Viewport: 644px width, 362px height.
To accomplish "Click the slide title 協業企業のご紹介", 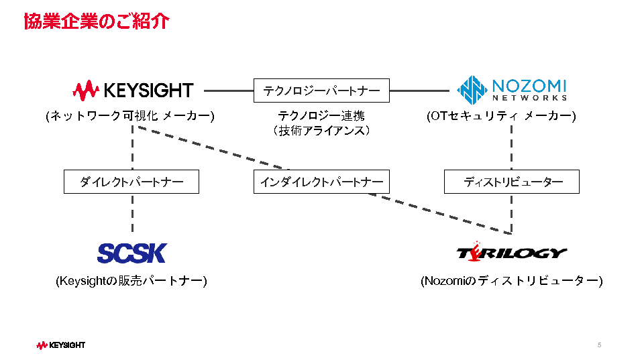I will point(96,21).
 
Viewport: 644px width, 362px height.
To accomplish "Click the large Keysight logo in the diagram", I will point(133,90).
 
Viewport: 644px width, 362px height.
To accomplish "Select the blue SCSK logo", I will point(131,253).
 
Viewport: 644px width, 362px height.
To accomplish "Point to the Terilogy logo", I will point(511,252).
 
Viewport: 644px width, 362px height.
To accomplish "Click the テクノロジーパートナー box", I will point(321,90).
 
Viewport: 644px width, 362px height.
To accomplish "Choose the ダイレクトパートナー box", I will point(131,182).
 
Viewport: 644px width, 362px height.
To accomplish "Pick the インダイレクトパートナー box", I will point(321,182).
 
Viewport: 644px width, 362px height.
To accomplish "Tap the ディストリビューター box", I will point(511,182).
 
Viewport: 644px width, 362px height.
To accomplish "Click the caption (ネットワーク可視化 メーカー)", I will point(130,116).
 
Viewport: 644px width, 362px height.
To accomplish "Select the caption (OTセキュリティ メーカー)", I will point(501,116).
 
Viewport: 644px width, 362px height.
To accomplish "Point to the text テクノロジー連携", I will point(321,116).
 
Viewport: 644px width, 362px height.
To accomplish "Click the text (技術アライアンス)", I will point(321,131).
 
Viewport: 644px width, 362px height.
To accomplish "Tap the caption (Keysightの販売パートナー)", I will point(131,281).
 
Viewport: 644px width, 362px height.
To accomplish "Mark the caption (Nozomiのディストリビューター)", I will point(511,281).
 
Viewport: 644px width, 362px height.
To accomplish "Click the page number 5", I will point(599,345).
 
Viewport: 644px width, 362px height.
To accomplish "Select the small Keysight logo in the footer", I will point(61,345).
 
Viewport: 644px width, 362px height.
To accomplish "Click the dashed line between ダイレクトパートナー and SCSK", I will point(132,215).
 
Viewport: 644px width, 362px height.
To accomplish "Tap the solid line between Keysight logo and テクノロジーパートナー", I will point(228,90).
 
